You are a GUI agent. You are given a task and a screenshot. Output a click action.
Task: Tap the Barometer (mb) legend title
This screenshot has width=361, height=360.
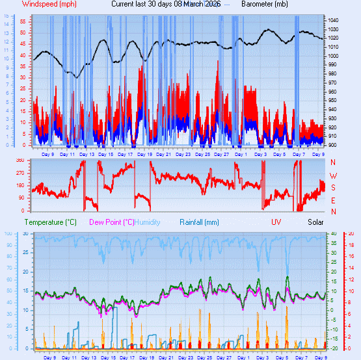click(265, 4)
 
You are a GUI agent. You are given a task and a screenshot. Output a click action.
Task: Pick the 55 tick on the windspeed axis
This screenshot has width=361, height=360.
click(22, 21)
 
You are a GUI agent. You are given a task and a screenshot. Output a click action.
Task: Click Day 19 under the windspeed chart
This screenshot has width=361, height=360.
click(145, 154)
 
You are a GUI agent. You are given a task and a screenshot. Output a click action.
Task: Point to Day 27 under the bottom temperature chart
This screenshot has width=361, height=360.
click(222, 357)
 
